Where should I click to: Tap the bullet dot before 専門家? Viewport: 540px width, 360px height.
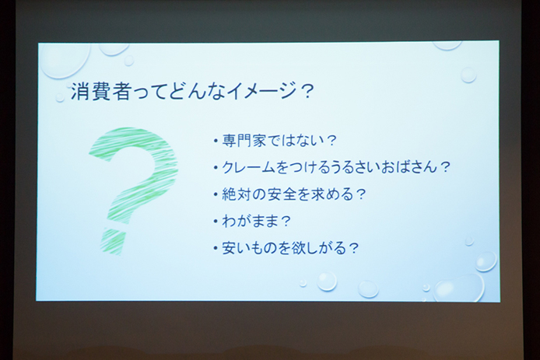click(215, 142)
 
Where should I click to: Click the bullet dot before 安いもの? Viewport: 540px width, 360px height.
click(215, 249)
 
